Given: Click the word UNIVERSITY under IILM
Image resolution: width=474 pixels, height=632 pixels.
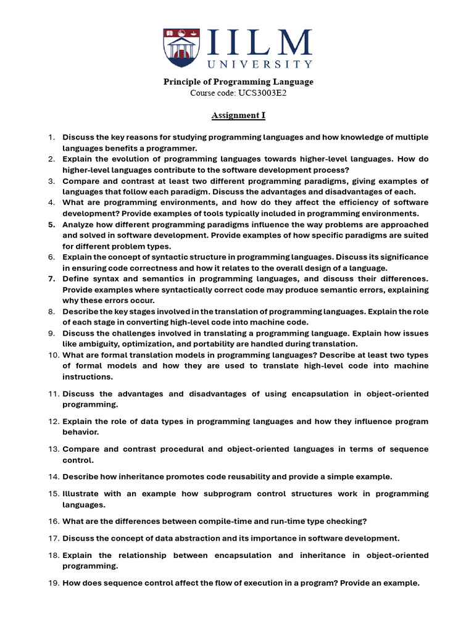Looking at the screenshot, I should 260,64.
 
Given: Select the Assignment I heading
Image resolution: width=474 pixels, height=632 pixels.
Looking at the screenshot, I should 238,115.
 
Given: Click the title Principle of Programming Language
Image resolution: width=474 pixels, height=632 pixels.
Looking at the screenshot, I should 238,81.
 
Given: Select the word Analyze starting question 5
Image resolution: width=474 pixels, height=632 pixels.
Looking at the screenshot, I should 78,225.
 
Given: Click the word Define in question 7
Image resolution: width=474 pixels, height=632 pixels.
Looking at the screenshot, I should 76,279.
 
